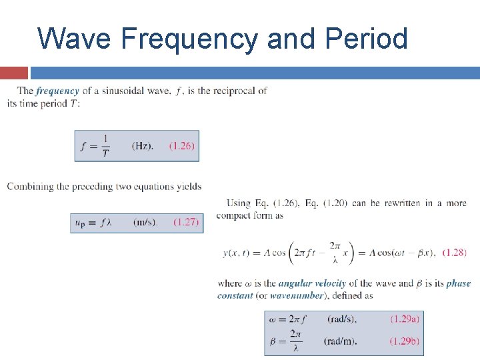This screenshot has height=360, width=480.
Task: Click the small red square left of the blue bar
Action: (x=14, y=73)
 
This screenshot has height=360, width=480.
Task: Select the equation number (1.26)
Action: (x=182, y=146)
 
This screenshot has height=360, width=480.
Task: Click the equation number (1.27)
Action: (x=186, y=222)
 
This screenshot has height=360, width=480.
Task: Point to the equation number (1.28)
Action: (x=453, y=252)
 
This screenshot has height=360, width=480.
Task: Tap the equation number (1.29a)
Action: (x=405, y=319)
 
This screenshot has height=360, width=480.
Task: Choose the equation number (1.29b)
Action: (x=405, y=341)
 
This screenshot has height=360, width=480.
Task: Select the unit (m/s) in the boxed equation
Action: (x=146, y=222)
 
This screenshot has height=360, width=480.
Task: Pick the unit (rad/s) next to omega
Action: (x=342, y=319)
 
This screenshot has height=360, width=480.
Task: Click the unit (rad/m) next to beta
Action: (x=341, y=341)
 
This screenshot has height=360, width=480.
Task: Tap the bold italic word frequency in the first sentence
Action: (x=57, y=91)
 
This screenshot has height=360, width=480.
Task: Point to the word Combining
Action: (x=30, y=187)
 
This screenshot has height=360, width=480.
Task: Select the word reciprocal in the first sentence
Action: (x=234, y=91)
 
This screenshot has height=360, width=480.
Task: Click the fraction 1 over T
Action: (x=105, y=146)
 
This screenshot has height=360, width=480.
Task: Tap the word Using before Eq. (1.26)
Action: (x=239, y=203)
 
